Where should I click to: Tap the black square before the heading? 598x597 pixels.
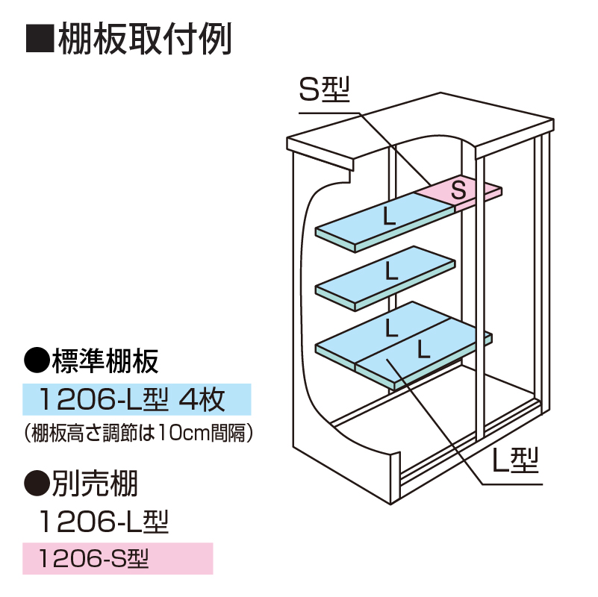[x=38, y=40]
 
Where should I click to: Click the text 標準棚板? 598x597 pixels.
[x=105, y=362]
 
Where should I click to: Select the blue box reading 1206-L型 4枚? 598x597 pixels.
[x=136, y=400]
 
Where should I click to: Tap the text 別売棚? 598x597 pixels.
[x=95, y=486]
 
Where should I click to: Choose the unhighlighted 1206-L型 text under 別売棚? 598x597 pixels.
[x=105, y=521]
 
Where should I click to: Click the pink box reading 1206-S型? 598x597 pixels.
[x=117, y=557]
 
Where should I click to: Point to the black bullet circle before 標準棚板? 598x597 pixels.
[x=37, y=362]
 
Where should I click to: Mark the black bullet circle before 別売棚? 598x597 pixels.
[x=37, y=486]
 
